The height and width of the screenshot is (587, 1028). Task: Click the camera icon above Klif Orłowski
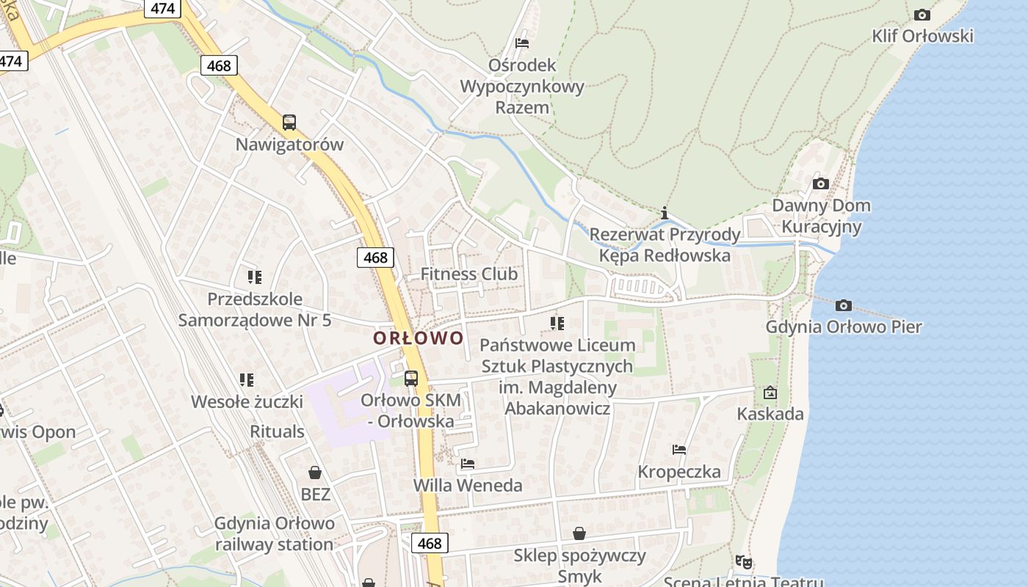point(922,15)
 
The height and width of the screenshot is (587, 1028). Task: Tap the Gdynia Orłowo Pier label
point(844,327)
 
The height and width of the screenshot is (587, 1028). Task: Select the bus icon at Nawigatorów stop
point(289,123)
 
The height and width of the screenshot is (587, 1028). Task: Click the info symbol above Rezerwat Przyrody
point(665,214)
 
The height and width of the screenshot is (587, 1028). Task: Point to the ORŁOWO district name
point(419,338)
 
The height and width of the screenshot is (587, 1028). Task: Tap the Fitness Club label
point(468,274)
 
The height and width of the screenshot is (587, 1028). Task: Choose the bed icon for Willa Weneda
point(468,464)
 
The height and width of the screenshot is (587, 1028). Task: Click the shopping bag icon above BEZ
point(315,473)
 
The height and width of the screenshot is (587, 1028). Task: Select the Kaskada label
point(770,414)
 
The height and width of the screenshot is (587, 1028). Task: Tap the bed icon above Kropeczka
point(679,450)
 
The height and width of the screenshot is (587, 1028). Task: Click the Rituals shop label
point(277,431)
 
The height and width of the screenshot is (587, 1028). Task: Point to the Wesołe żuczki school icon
point(247,380)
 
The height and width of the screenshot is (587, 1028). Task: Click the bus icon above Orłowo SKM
point(411,379)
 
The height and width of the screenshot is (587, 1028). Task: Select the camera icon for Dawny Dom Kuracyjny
point(821,183)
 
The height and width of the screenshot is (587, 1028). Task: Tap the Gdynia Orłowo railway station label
point(274,533)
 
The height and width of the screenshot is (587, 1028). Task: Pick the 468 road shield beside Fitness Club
point(375,258)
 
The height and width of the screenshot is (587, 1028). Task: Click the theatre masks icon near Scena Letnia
point(744,562)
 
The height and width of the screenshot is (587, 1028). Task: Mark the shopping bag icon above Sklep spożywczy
point(579,533)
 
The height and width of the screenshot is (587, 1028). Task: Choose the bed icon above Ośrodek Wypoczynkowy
point(522,43)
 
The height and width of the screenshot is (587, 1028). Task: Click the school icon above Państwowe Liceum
point(557,323)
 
